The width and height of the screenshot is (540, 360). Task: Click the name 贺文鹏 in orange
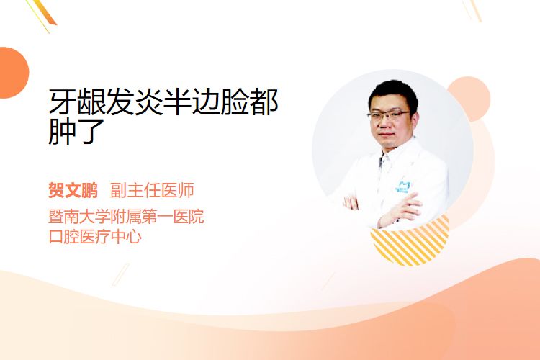(x=73, y=190)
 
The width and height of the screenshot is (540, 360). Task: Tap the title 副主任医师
(x=152, y=190)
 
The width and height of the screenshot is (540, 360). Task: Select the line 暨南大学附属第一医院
(x=126, y=216)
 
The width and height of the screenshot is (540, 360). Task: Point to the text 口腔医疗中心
(x=95, y=237)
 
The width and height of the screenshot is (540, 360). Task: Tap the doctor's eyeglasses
(x=388, y=114)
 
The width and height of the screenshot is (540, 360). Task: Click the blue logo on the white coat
(x=402, y=186)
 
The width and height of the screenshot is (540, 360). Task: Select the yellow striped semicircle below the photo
(x=410, y=241)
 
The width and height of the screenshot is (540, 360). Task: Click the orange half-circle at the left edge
(x=13, y=73)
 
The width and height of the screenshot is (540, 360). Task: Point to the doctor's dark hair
(x=393, y=92)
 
